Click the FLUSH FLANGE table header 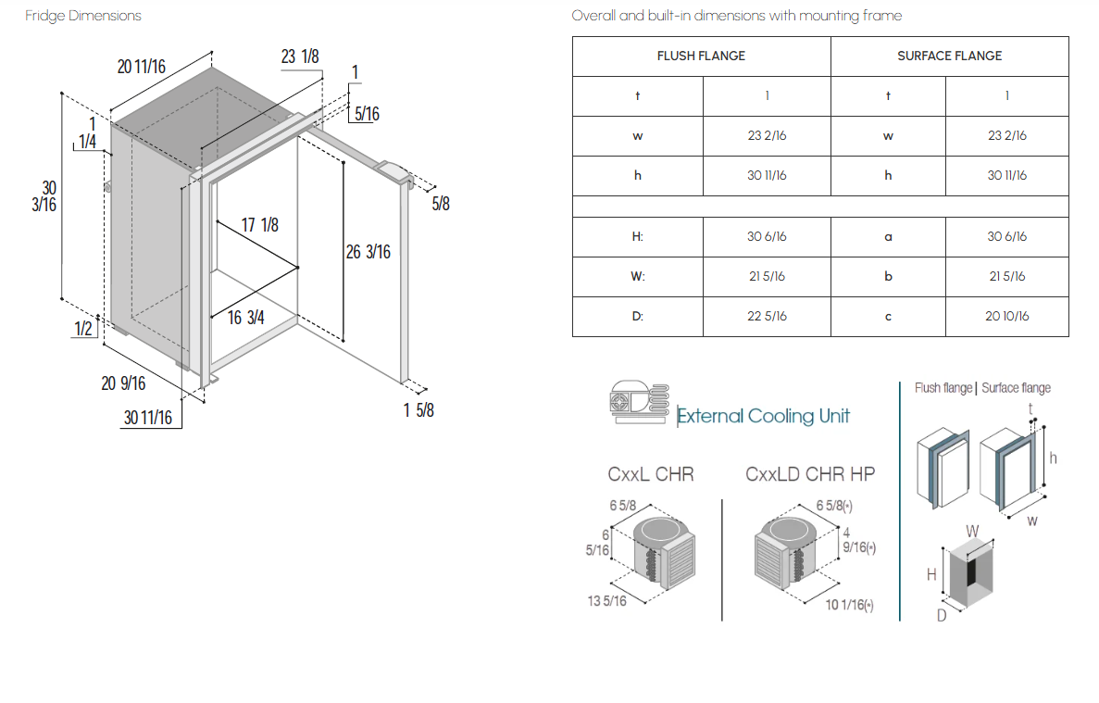click(701, 56)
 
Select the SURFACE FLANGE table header click(950, 56)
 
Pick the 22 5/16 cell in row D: click(767, 316)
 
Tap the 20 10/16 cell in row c click(1007, 316)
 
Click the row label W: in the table click(637, 276)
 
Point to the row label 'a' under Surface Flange click(888, 237)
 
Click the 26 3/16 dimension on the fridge click(368, 252)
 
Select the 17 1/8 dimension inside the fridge click(260, 225)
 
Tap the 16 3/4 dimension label click(246, 318)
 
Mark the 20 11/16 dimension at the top click(142, 67)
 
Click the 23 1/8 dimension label click(300, 56)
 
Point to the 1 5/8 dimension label click(418, 410)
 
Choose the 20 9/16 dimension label click(123, 383)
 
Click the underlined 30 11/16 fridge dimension click(148, 418)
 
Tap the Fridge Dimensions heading click(82, 16)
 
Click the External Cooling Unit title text click(763, 416)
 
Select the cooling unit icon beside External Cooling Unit click(639, 402)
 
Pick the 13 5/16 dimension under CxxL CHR click(607, 601)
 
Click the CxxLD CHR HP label click(810, 474)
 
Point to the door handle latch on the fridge click(394, 172)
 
